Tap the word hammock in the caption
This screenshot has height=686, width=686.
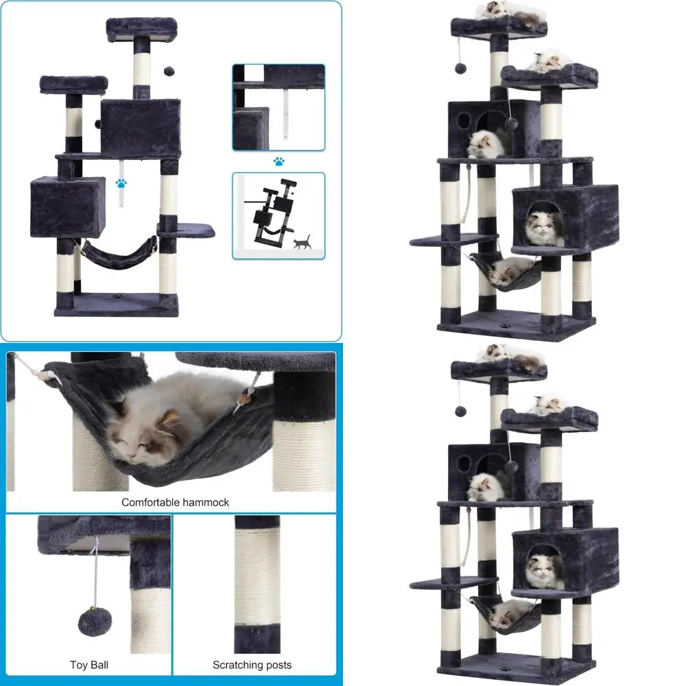(x=209, y=502)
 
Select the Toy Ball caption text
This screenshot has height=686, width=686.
(x=89, y=665)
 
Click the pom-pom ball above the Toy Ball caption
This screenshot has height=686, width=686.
(x=95, y=622)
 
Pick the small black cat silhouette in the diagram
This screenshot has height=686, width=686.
(x=303, y=242)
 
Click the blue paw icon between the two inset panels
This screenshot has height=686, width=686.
(x=279, y=161)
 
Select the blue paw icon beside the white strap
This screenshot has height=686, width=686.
(x=121, y=183)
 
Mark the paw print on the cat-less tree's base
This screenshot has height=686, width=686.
(x=117, y=296)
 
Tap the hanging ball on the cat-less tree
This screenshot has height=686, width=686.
(x=169, y=71)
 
